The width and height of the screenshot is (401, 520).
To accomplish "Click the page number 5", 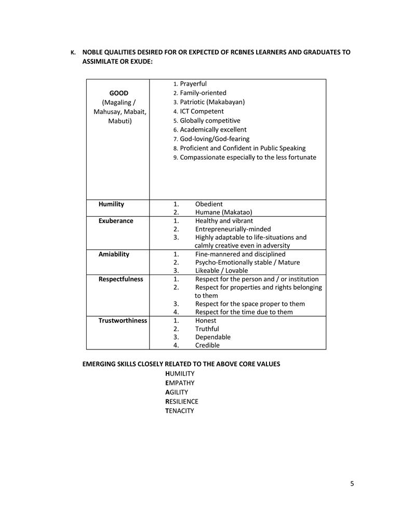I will pos(352,484).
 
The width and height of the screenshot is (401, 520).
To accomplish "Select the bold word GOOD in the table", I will pos(118,93).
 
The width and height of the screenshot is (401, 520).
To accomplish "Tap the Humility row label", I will pos(111,204).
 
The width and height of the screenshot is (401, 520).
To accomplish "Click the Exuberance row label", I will pos(116,221).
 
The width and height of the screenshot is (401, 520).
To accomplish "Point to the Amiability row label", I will pos(114,254).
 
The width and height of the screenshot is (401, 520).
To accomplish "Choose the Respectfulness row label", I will pos(121,279).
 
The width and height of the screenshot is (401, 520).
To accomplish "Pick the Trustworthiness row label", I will pos(123,320).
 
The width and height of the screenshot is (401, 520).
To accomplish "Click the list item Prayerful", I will pos(193,84).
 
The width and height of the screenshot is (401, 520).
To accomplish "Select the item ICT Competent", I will pos(202,111).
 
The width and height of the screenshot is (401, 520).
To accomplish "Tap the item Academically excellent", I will pos(213,129).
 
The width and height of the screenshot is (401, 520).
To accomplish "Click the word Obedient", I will pos(209,204).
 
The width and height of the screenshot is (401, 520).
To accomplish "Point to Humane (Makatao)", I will pos(223,213).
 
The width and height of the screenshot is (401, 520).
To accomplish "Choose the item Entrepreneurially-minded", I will pos(233,229).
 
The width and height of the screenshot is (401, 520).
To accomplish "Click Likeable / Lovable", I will pos(221,271).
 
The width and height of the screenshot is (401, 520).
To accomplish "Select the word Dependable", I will pos(212,337).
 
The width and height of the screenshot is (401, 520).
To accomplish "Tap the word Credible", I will pos(207,345).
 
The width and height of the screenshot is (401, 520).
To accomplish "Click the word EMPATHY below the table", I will pos(180,383).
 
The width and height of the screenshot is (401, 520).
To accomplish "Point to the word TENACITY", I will pos(179,411).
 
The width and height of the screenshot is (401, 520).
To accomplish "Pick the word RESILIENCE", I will pos(182,401).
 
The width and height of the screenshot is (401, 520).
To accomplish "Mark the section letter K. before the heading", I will pos(73,53).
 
